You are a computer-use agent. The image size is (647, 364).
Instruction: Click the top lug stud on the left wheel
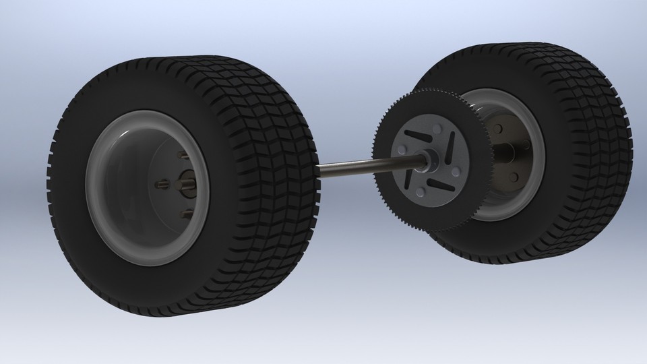pyautogui.click(x=183, y=156)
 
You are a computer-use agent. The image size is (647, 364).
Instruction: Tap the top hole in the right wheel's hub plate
pyautogui.click(x=499, y=127)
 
